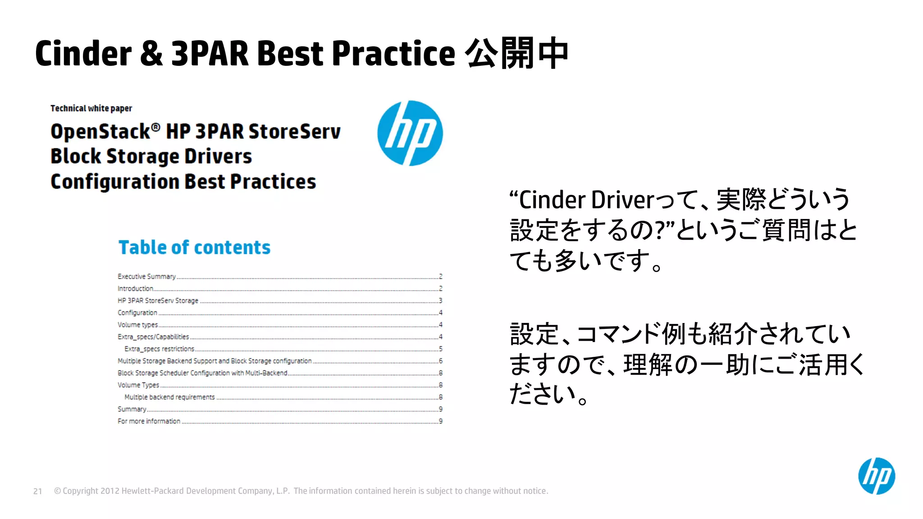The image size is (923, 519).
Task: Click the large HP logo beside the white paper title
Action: pos(410,133)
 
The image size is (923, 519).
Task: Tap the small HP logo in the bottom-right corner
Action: pos(877,476)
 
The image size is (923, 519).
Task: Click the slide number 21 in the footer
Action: pos(38,491)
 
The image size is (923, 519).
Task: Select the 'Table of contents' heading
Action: pos(194,247)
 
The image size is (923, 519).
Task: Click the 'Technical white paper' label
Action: pos(91,109)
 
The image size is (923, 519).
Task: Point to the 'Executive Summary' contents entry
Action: pos(146,277)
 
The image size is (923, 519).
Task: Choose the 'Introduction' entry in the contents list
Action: pos(135,289)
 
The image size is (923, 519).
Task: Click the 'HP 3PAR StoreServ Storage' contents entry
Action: pos(158,300)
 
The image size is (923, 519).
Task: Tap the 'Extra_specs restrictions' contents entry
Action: pos(159,349)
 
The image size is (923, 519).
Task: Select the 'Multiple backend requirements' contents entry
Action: pos(169,397)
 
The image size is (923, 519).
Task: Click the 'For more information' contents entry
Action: pos(149,421)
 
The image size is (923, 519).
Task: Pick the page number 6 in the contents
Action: pos(440,361)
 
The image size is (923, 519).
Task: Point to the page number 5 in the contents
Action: pos(440,349)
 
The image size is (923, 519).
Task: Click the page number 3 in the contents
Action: pos(440,300)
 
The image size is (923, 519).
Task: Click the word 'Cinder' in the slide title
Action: pos(83,54)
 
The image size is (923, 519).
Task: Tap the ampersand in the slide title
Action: pos(151,54)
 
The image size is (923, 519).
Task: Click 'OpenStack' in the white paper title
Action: pos(101,132)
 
